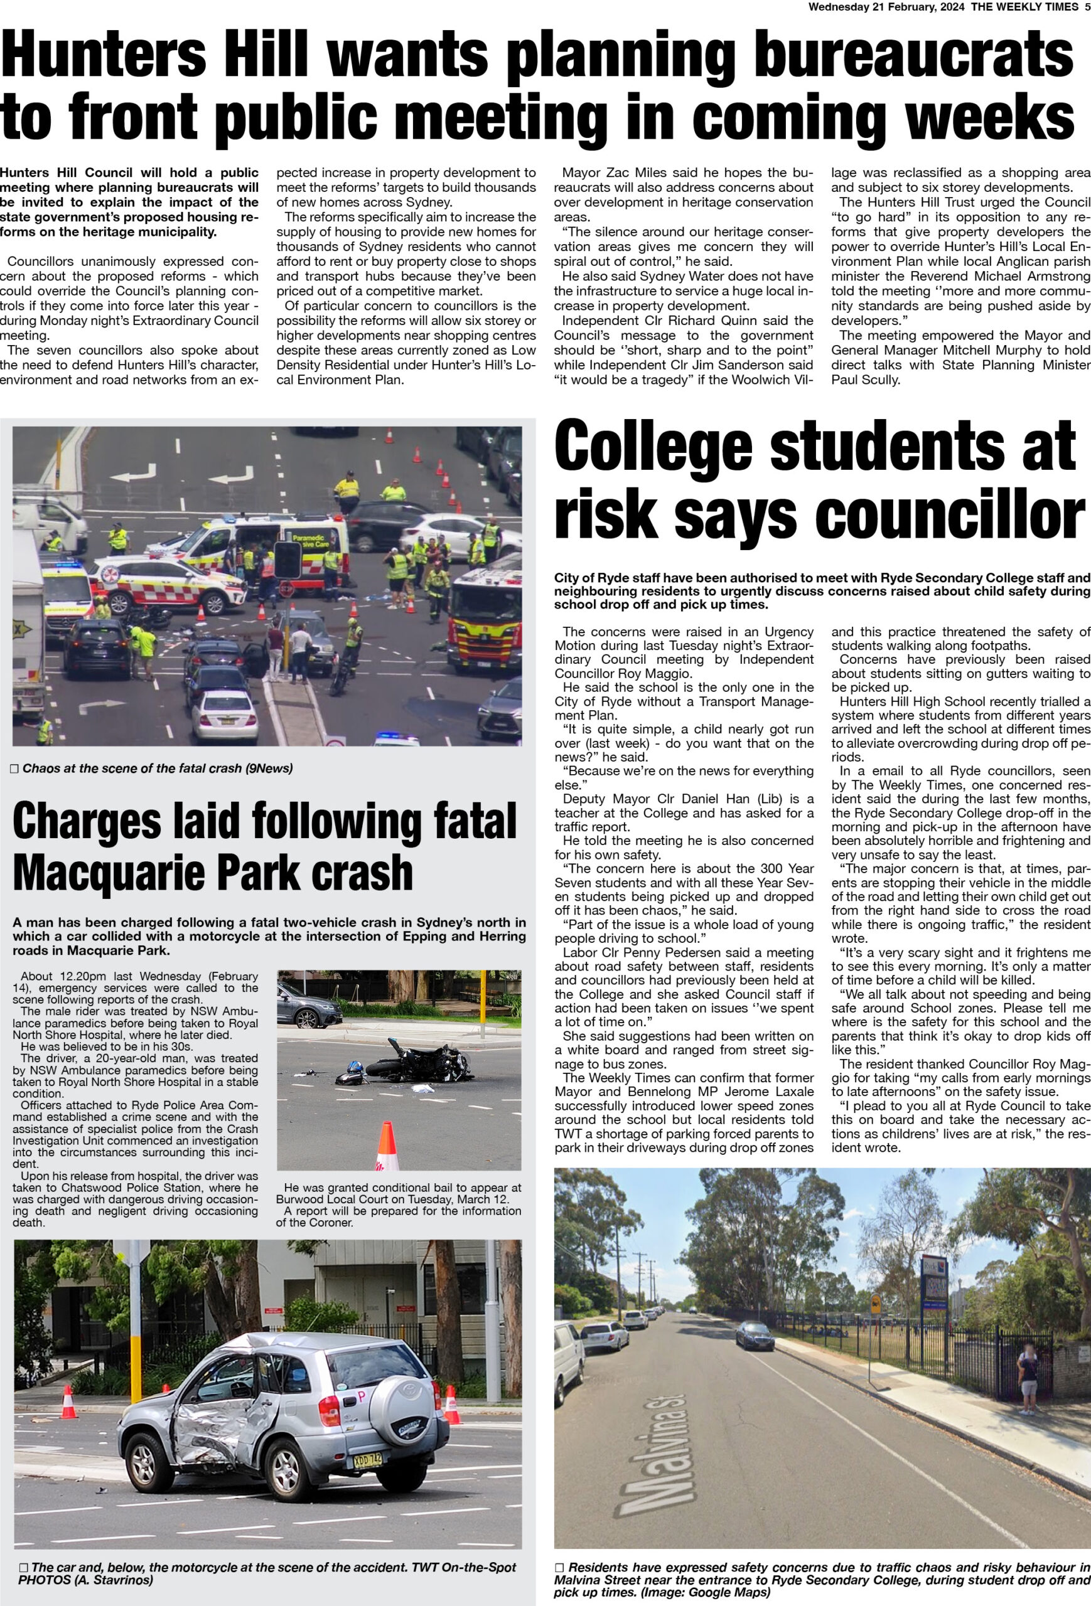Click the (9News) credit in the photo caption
269,768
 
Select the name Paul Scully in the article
866,380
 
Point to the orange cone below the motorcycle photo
387,1145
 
